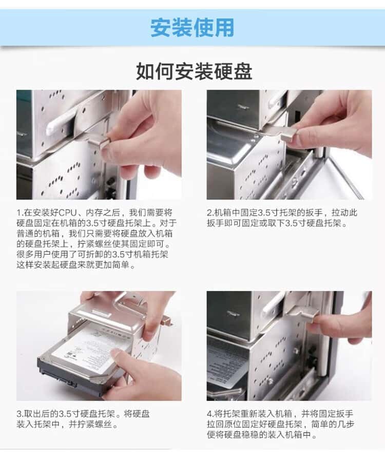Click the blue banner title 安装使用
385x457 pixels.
point(192,28)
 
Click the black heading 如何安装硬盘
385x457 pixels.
point(194,71)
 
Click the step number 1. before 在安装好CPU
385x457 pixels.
point(20,213)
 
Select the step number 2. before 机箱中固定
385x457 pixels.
point(210,213)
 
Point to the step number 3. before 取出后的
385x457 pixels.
point(20,414)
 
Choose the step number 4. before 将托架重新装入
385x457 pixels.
point(210,414)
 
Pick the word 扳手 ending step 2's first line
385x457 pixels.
point(314,213)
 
